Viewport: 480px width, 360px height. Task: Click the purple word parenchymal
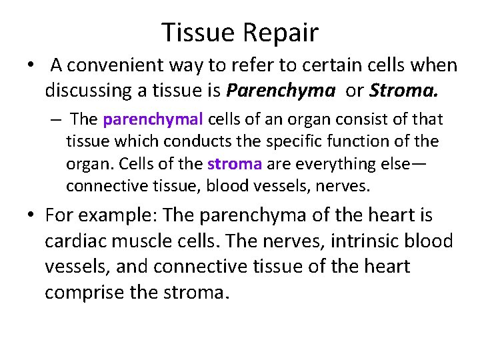point(153,119)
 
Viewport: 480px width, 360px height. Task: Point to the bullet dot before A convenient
point(31,65)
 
